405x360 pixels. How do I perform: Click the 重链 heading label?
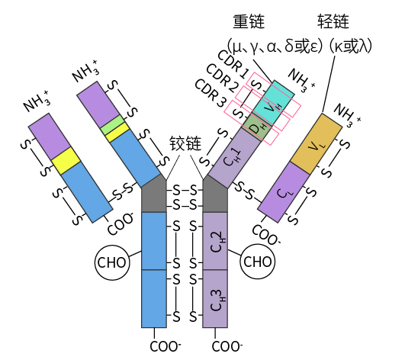coord(249,21)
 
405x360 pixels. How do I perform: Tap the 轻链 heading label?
coord(333,21)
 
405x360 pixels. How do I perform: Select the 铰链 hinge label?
coord(185,143)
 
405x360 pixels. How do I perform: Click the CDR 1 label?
coord(233,64)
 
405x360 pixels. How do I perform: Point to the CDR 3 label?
coord(211,93)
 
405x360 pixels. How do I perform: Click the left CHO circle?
coord(112,262)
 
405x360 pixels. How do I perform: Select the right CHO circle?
coord(258,262)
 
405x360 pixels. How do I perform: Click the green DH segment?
coord(257,127)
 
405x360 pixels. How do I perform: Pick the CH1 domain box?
coord(234,158)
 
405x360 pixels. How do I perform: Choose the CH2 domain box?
coord(215,241)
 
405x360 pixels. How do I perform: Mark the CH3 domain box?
coord(215,299)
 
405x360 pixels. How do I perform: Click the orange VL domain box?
coord(317,144)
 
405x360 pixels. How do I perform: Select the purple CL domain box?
coord(284,192)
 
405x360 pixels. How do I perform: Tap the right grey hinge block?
coord(215,194)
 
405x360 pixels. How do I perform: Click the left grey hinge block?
coord(153,194)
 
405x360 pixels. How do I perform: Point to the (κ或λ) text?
coord(351,47)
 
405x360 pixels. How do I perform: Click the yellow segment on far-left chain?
coord(66,161)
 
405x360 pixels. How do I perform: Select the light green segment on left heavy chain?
coord(111,125)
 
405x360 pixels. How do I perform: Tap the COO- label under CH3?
coord(227,346)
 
